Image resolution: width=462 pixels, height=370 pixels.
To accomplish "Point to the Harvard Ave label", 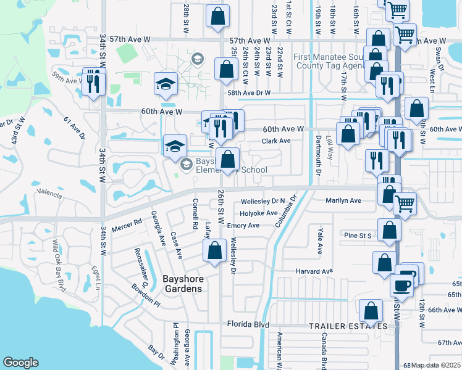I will coord(314,271).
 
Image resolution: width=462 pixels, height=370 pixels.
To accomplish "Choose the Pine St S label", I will coord(358,236).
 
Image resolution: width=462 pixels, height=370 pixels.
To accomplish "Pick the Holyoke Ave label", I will coord(259,213).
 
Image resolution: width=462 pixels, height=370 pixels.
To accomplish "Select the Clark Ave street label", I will coord(275,141).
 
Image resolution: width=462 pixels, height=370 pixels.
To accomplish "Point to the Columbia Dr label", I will coord(287,211).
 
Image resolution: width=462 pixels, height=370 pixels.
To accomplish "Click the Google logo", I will coord(21,363).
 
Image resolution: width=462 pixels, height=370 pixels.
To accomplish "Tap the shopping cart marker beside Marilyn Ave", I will coord(405,203).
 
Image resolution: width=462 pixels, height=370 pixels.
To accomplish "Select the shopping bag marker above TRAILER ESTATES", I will coord(371,310).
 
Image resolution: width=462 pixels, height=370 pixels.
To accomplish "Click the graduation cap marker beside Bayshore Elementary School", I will coord(175,146).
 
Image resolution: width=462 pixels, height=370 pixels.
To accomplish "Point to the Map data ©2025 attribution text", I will coord(435,365).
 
